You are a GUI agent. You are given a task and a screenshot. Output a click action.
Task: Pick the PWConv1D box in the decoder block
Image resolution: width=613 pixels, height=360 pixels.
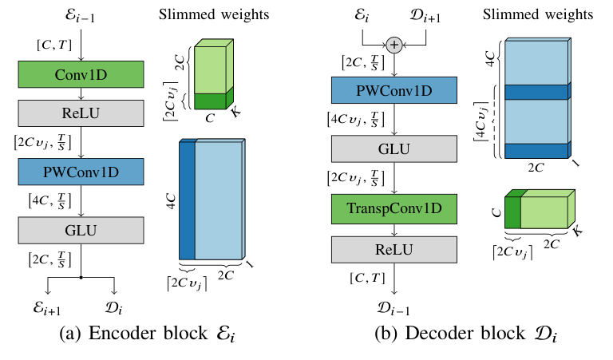click(394, 90)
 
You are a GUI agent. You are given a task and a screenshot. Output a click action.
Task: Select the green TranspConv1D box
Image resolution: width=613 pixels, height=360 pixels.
click(394, 209)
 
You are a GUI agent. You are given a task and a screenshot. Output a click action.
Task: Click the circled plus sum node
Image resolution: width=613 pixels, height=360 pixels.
click(394, 45)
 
